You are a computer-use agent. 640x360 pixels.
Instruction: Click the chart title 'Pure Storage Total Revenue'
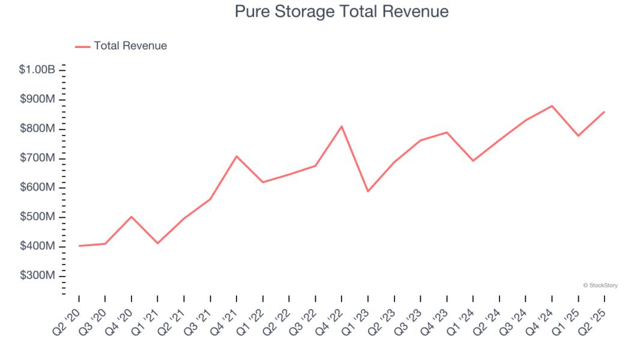coord(342,11)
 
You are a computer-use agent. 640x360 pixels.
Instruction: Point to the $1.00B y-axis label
coord(37,70)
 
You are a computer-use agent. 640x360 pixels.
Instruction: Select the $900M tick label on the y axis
coord(37,99)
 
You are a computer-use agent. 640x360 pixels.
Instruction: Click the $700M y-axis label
coord(37,158)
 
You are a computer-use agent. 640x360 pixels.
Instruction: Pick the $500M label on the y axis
coord(37,217)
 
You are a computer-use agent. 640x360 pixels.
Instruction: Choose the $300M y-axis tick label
coord(37,275)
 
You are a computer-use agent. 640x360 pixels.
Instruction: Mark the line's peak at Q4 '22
coord(342,126)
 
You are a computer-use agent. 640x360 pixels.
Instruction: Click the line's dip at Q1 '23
coord(368,191)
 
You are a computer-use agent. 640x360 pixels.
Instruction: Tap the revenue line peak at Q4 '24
coord(552,106)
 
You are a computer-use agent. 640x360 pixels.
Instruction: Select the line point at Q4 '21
coord(237,156)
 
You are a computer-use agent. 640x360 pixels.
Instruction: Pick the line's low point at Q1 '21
coord(157,243)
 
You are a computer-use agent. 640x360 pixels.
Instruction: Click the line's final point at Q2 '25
coord(604,112)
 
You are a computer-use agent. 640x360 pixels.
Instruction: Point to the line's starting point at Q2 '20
coord(79,245)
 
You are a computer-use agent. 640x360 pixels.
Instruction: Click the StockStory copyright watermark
coord(600,286)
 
